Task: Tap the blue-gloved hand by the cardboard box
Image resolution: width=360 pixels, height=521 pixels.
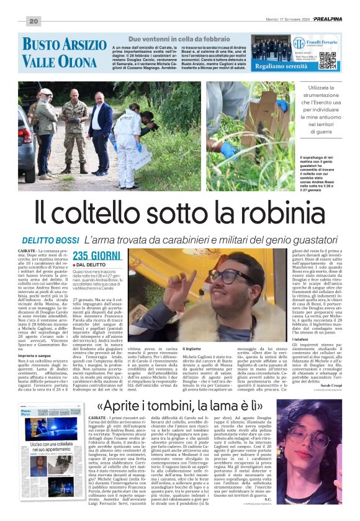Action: pyautogui.click(x=230, y=151)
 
